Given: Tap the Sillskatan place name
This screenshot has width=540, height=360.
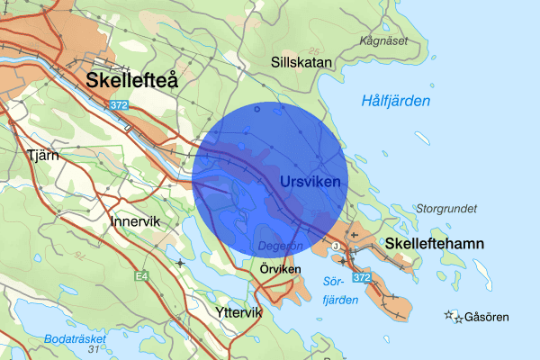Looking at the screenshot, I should click(x=302, y=62).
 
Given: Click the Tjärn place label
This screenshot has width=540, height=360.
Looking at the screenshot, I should click(x=43, y=154).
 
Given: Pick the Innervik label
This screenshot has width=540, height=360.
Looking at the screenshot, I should click(x=136, y=220).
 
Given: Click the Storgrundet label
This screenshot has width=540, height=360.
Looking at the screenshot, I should click(x=446, y=208).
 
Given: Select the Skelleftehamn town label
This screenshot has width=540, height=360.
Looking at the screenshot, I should click(x=435, y=244).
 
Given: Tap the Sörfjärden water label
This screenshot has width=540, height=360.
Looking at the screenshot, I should click(x=334, y=291).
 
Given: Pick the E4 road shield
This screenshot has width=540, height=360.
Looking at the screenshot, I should click(x=141, y=275).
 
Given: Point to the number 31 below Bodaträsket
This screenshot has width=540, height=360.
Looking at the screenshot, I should click(x=92, y=350).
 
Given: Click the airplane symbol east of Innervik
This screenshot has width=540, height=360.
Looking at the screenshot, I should click(x=181, y=263).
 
